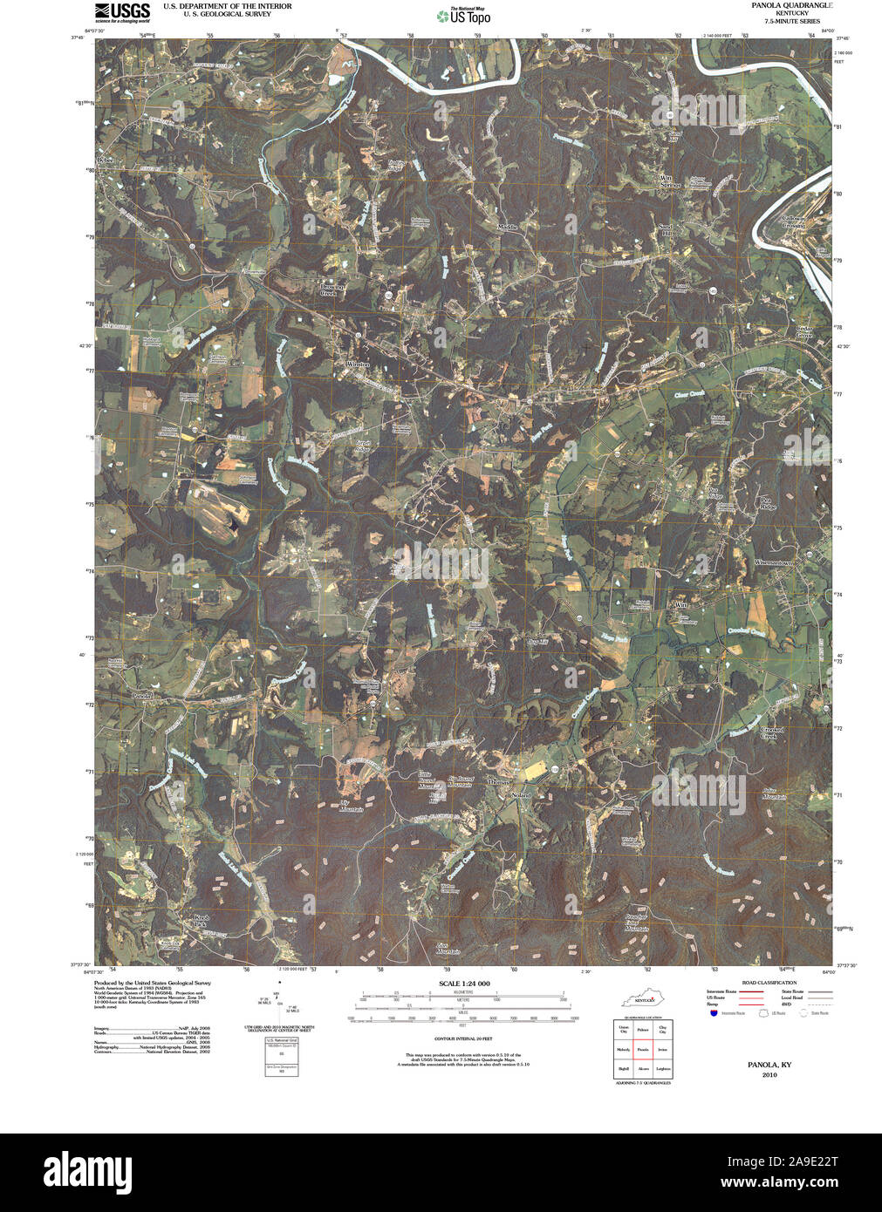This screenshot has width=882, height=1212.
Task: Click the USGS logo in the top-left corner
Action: pos(122,11)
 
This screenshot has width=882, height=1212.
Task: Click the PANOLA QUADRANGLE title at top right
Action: pos(791,5)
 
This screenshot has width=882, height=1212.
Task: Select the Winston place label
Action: pos(358,364)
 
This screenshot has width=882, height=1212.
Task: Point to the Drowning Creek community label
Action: pos(332,289)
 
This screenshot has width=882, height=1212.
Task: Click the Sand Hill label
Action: pos(667,231)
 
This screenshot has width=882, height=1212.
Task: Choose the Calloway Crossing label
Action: pos(793,222)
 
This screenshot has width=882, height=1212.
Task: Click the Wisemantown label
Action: pos(775,562)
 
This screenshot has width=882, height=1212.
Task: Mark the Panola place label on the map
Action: pos(141,696)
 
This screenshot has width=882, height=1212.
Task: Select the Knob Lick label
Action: pos(202,922)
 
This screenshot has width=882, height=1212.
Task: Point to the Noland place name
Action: pos(521,795)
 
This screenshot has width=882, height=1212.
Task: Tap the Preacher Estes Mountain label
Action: pos(636,923)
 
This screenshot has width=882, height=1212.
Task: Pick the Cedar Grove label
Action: pos(803,332)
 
